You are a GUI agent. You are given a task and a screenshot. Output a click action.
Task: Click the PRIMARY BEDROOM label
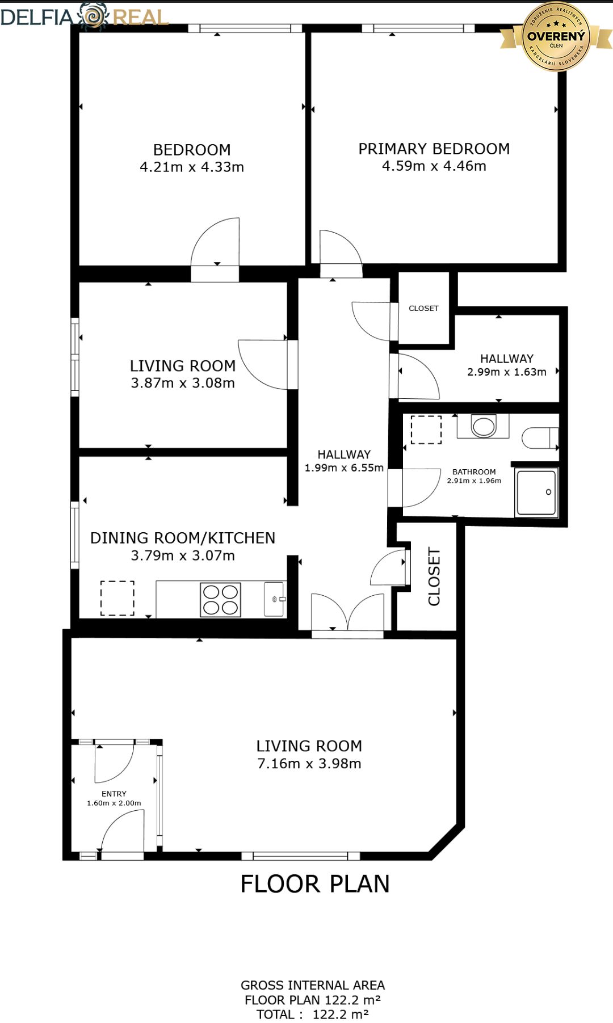click(434, 149)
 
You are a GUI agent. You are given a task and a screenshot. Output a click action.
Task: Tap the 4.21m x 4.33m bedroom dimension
click(192, 167)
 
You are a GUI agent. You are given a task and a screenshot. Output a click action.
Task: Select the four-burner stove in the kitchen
click(221, 600)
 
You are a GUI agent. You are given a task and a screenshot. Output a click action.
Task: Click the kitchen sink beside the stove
click(275, 599)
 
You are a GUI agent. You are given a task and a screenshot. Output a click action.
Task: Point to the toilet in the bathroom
click(540, 437)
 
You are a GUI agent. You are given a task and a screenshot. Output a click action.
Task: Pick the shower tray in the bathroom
click(536, 492)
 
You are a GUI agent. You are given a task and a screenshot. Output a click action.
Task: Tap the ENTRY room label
click(114, 794)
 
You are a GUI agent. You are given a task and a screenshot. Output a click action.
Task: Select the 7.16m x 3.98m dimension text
click(309, 764)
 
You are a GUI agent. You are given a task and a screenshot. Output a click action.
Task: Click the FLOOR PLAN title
click(315, 884)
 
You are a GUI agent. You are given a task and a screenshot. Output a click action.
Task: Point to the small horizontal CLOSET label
click(423, 308)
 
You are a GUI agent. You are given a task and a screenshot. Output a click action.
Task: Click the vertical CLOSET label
click(434, 576)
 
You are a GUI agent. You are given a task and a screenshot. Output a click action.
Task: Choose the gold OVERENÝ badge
click(556, 36)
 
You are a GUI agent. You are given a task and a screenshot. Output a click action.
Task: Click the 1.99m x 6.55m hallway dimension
click(344, 468)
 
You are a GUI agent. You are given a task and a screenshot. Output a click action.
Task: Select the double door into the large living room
click(347, 613)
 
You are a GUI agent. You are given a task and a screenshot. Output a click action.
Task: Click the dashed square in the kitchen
click(117, 598)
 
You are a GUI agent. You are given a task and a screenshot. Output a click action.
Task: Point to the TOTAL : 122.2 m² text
click(313, 1014)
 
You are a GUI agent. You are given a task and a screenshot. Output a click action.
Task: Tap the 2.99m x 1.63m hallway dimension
click(507, 372)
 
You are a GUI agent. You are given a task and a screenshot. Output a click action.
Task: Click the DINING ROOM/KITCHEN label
click(183, 538)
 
